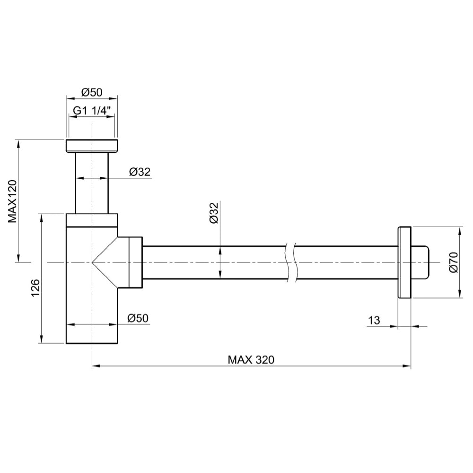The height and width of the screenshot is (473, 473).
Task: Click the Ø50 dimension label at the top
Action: [x=91, y=91]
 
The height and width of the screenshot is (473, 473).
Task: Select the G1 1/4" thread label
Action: [x=91, y=111]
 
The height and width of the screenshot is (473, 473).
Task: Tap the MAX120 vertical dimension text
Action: [x=13, y=201]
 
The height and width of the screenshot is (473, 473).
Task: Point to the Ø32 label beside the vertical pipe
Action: [x=139, y=172]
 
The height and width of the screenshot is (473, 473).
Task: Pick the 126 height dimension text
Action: [x=34, y=288]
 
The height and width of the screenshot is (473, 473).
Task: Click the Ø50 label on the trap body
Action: [x=139, y=318]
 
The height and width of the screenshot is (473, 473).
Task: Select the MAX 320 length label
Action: [x=251, y=359]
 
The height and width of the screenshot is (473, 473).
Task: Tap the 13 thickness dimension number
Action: [x=374, y=320]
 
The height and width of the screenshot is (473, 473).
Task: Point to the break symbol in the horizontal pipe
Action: [x=290, y=263]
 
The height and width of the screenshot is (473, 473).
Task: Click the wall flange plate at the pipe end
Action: [x=404, y=263]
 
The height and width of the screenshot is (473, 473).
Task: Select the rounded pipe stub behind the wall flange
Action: [x=421, y=263]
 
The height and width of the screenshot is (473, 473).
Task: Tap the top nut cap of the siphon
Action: [x=91, y=146]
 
